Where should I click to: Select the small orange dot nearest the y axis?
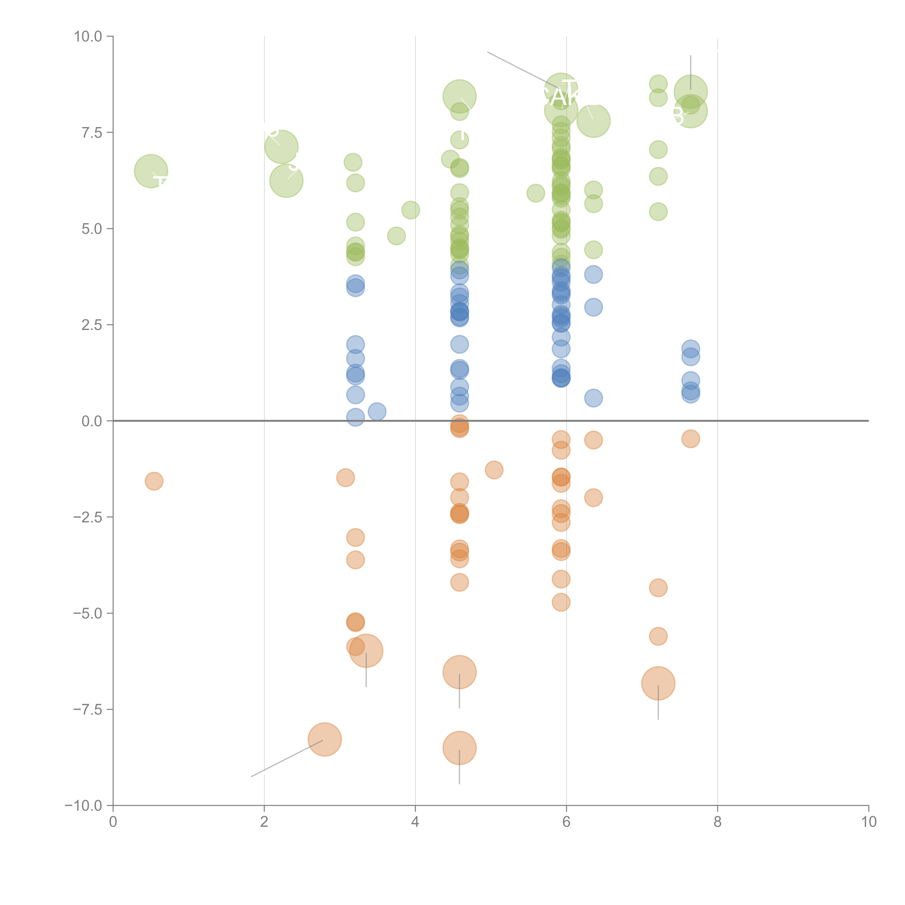point(154,481)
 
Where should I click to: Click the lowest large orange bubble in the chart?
point(460,748)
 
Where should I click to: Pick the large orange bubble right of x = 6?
point(658,683)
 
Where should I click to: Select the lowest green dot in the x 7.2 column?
point(658,212)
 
